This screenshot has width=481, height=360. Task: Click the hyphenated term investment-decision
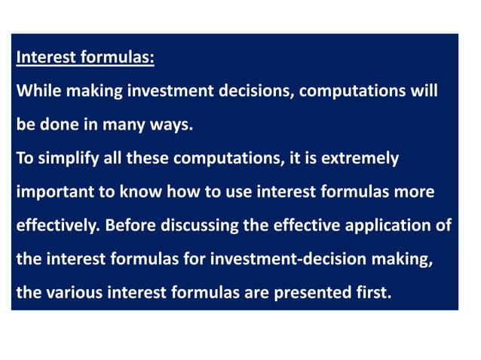pos(278,259)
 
